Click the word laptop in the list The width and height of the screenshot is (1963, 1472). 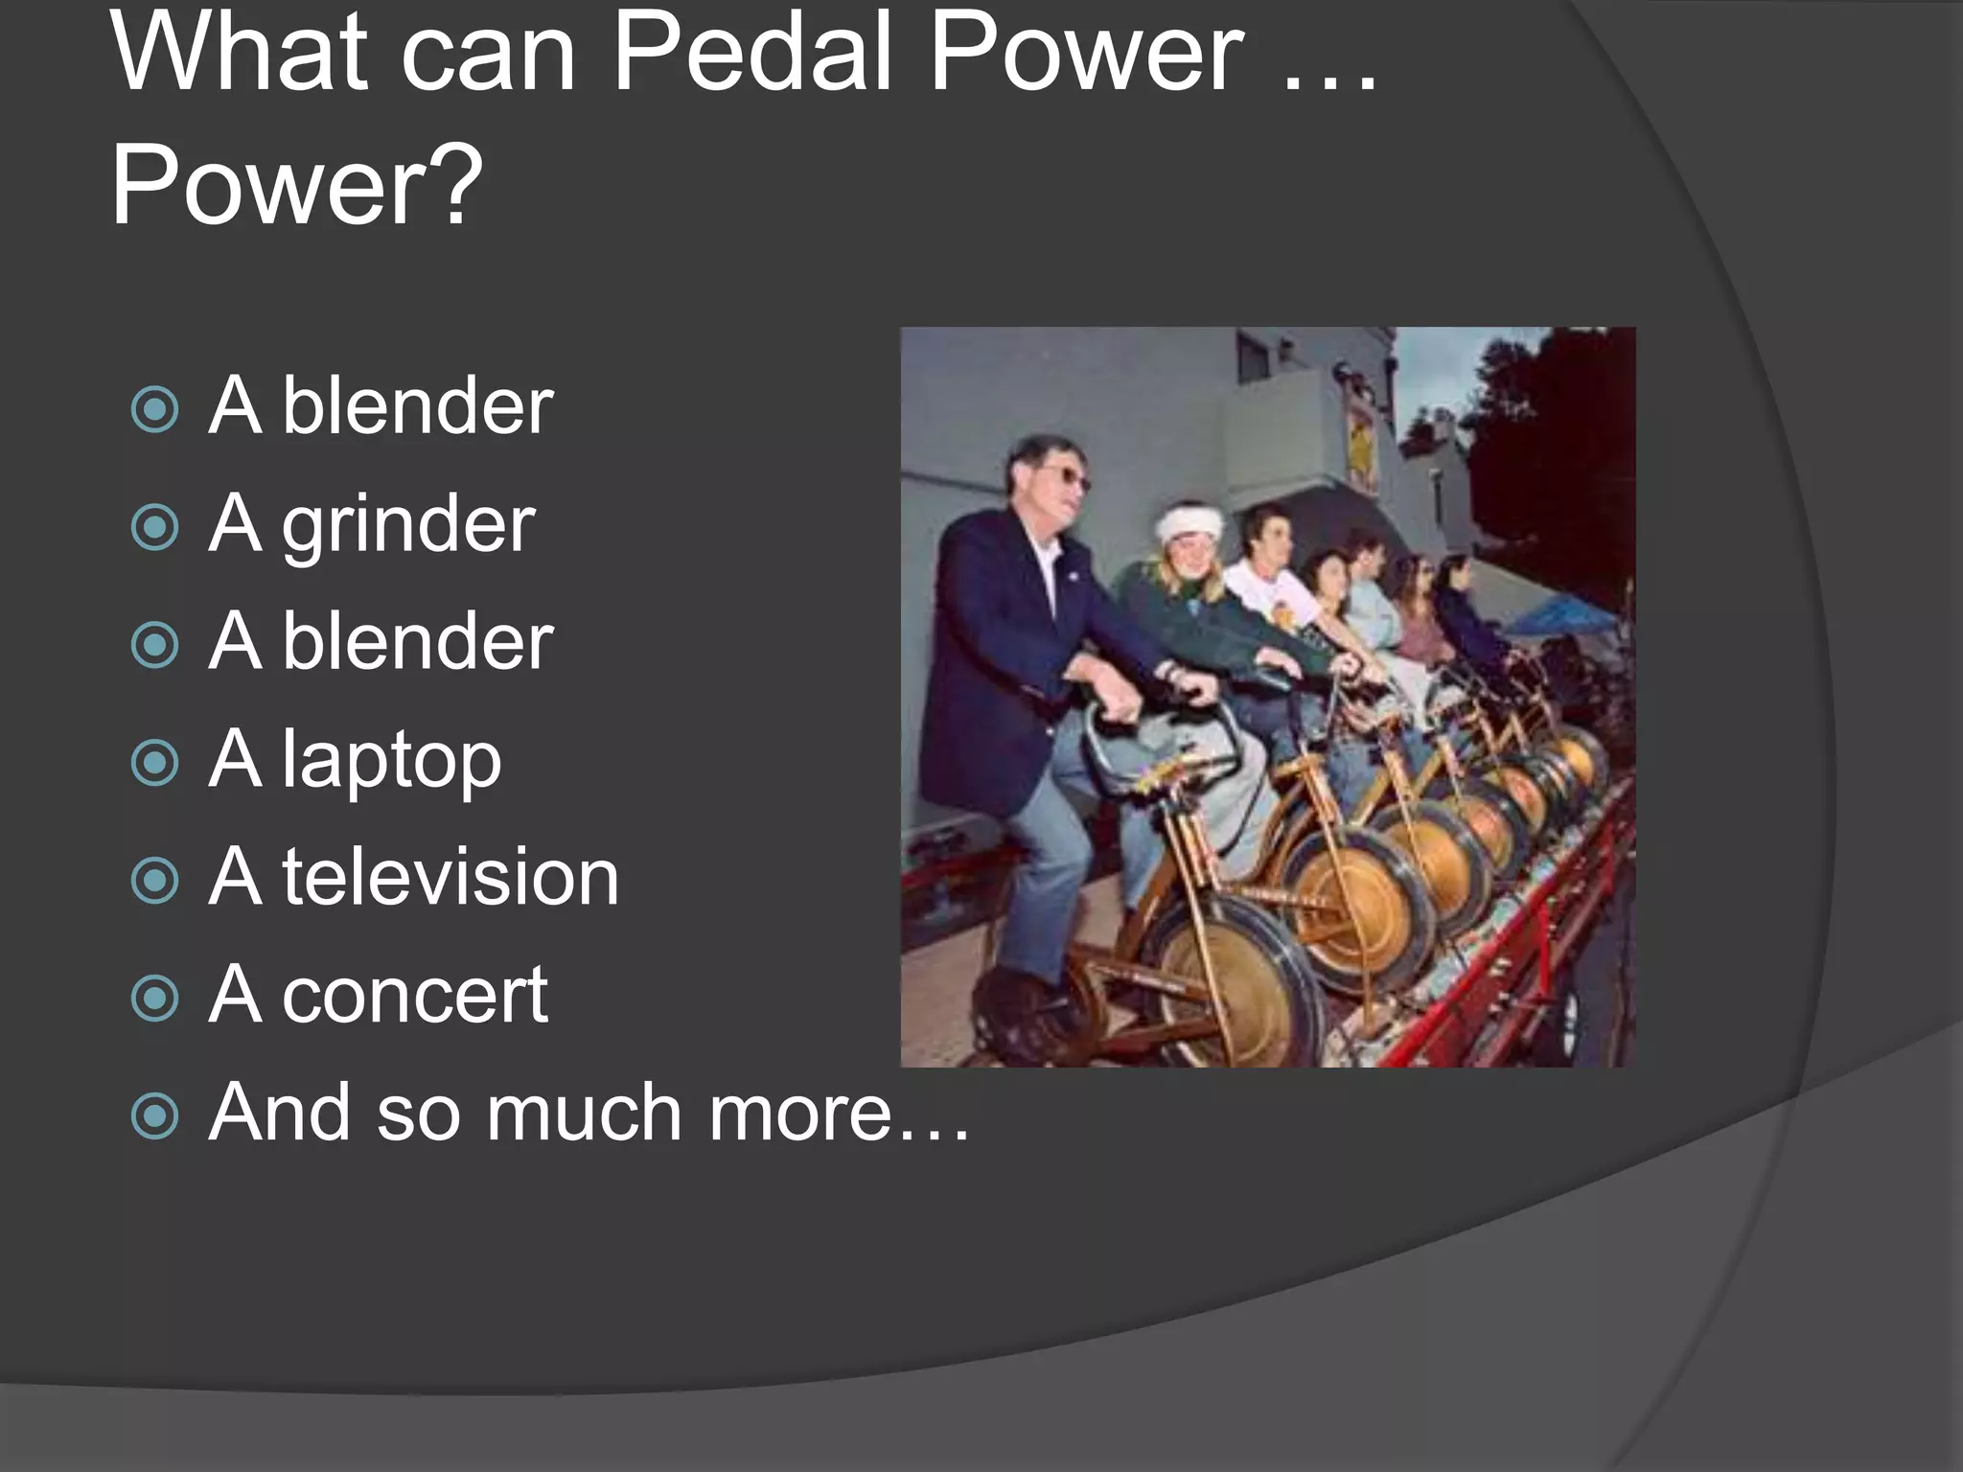pos(391,761)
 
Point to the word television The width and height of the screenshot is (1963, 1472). pos(450,877)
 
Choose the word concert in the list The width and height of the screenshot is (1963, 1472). pos(414,995)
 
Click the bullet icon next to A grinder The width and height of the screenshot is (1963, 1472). pos(155,527)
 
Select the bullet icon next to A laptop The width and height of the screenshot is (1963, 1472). pos(155,763)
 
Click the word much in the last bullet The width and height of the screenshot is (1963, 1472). pos(584,1114)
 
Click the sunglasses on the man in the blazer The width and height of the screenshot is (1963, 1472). pos(1066,476)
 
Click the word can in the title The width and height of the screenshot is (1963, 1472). pos(488,56)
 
